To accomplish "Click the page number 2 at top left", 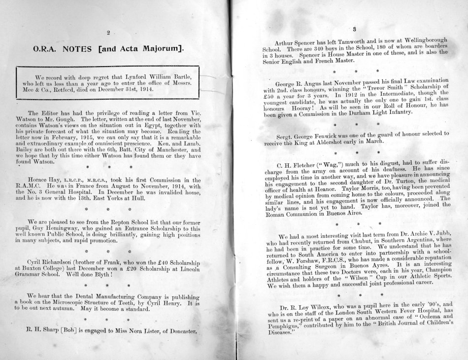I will (x=108, y=33).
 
